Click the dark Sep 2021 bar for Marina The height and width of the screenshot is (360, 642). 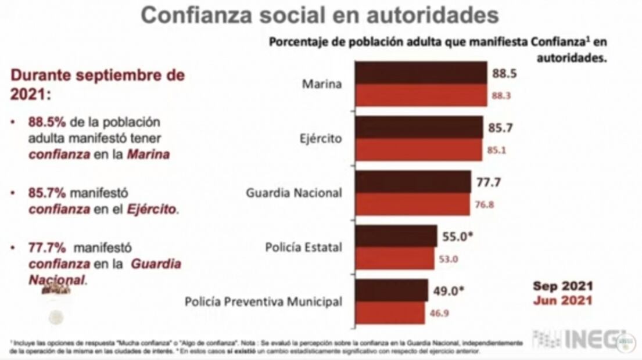point(421,73)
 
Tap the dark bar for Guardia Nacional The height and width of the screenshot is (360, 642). point(413,182)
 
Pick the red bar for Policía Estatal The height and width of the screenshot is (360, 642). point(394,259)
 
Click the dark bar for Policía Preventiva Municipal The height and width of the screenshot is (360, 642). point(391,291)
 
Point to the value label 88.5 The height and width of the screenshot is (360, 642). point(504,74)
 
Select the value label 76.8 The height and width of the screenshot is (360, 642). point(484,204)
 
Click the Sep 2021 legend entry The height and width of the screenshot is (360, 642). point(562,286)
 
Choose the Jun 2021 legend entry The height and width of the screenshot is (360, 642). point(562,300)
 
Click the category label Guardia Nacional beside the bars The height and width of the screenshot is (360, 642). point(294,193)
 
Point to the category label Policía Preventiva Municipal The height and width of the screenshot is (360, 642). point(263,302)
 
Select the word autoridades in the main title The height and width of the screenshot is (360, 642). point(431,15)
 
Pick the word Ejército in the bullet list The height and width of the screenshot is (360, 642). point(151,209)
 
